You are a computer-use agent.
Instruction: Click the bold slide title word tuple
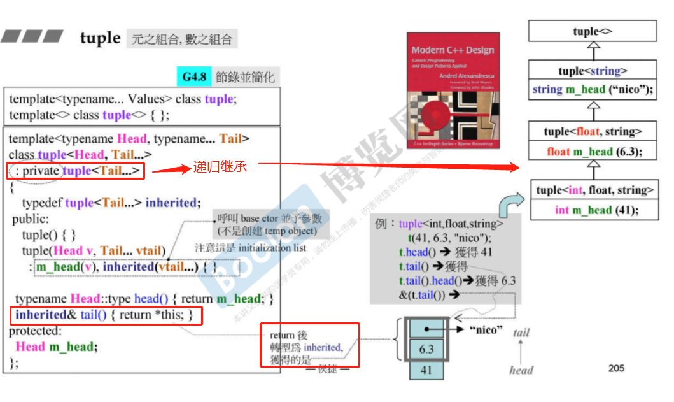pos(100,38)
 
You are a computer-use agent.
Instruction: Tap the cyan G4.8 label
pos(193,77)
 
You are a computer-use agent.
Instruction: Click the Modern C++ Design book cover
pos(453,90)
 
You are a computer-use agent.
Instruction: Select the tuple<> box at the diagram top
pos(593,31)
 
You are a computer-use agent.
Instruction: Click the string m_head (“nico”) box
pos(593,89)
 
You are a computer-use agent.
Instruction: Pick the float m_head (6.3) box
pos(593,152)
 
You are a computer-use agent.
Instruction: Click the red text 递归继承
pos(220,168)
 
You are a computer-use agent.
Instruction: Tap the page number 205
pos(616,368)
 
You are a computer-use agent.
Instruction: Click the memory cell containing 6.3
pos(426,349)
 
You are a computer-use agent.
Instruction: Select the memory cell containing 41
pos(426,370)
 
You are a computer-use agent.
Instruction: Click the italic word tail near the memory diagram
pos(521,332)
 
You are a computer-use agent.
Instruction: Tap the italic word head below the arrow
pos(521,370)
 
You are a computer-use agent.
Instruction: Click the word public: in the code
pos(28,219)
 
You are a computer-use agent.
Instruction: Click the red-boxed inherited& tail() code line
pos(106,315)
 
